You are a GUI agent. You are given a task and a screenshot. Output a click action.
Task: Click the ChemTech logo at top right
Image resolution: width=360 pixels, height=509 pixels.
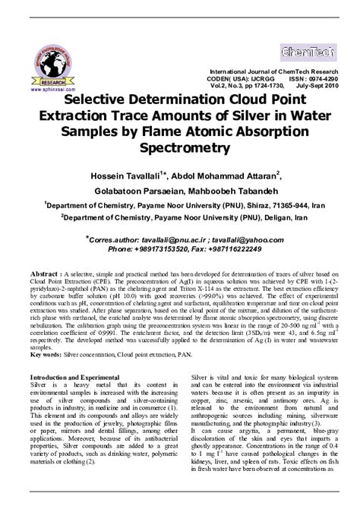pyautogui.click(x=308, y=53)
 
